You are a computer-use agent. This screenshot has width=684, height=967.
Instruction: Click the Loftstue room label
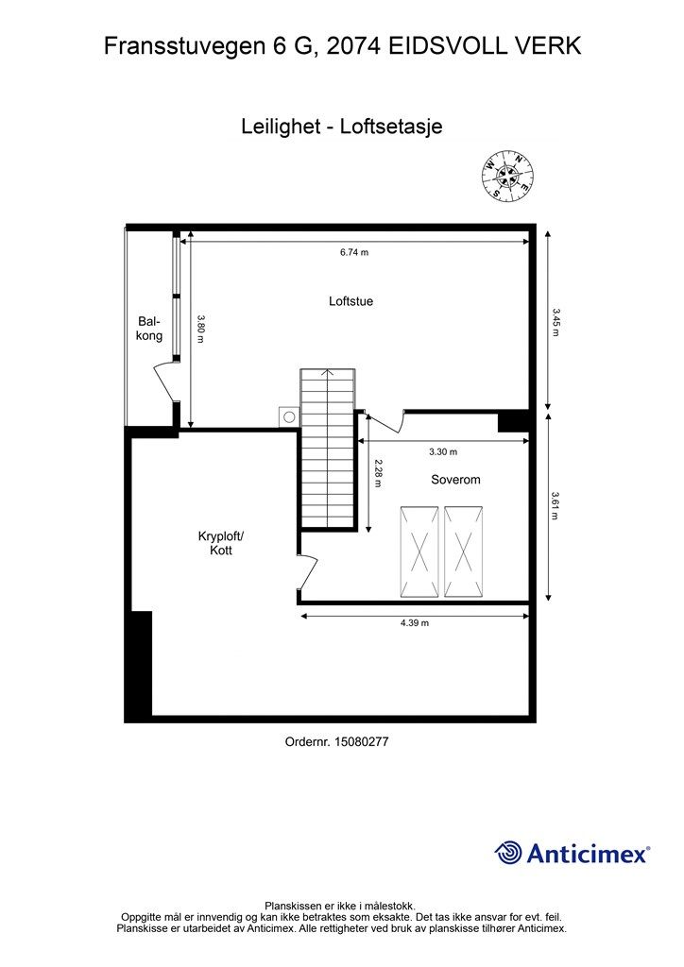351,302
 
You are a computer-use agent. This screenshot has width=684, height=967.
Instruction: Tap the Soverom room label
455,480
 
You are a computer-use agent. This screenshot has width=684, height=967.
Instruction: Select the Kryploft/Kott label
221,543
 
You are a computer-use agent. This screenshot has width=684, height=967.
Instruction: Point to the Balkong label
149,329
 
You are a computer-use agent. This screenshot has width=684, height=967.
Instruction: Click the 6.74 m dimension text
354,253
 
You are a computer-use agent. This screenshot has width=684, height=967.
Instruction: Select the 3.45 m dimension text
556,321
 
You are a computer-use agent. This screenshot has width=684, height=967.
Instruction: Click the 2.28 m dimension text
377,472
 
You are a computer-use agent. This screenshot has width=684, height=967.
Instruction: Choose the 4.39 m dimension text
415,623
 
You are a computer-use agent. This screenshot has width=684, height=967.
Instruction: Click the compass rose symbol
507,175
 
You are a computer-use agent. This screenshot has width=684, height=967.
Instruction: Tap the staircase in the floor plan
327,449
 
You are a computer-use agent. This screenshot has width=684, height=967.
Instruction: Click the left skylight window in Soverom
419,551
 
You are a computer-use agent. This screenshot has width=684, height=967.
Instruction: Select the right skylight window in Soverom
463,551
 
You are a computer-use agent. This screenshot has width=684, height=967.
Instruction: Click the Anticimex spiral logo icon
508,853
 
